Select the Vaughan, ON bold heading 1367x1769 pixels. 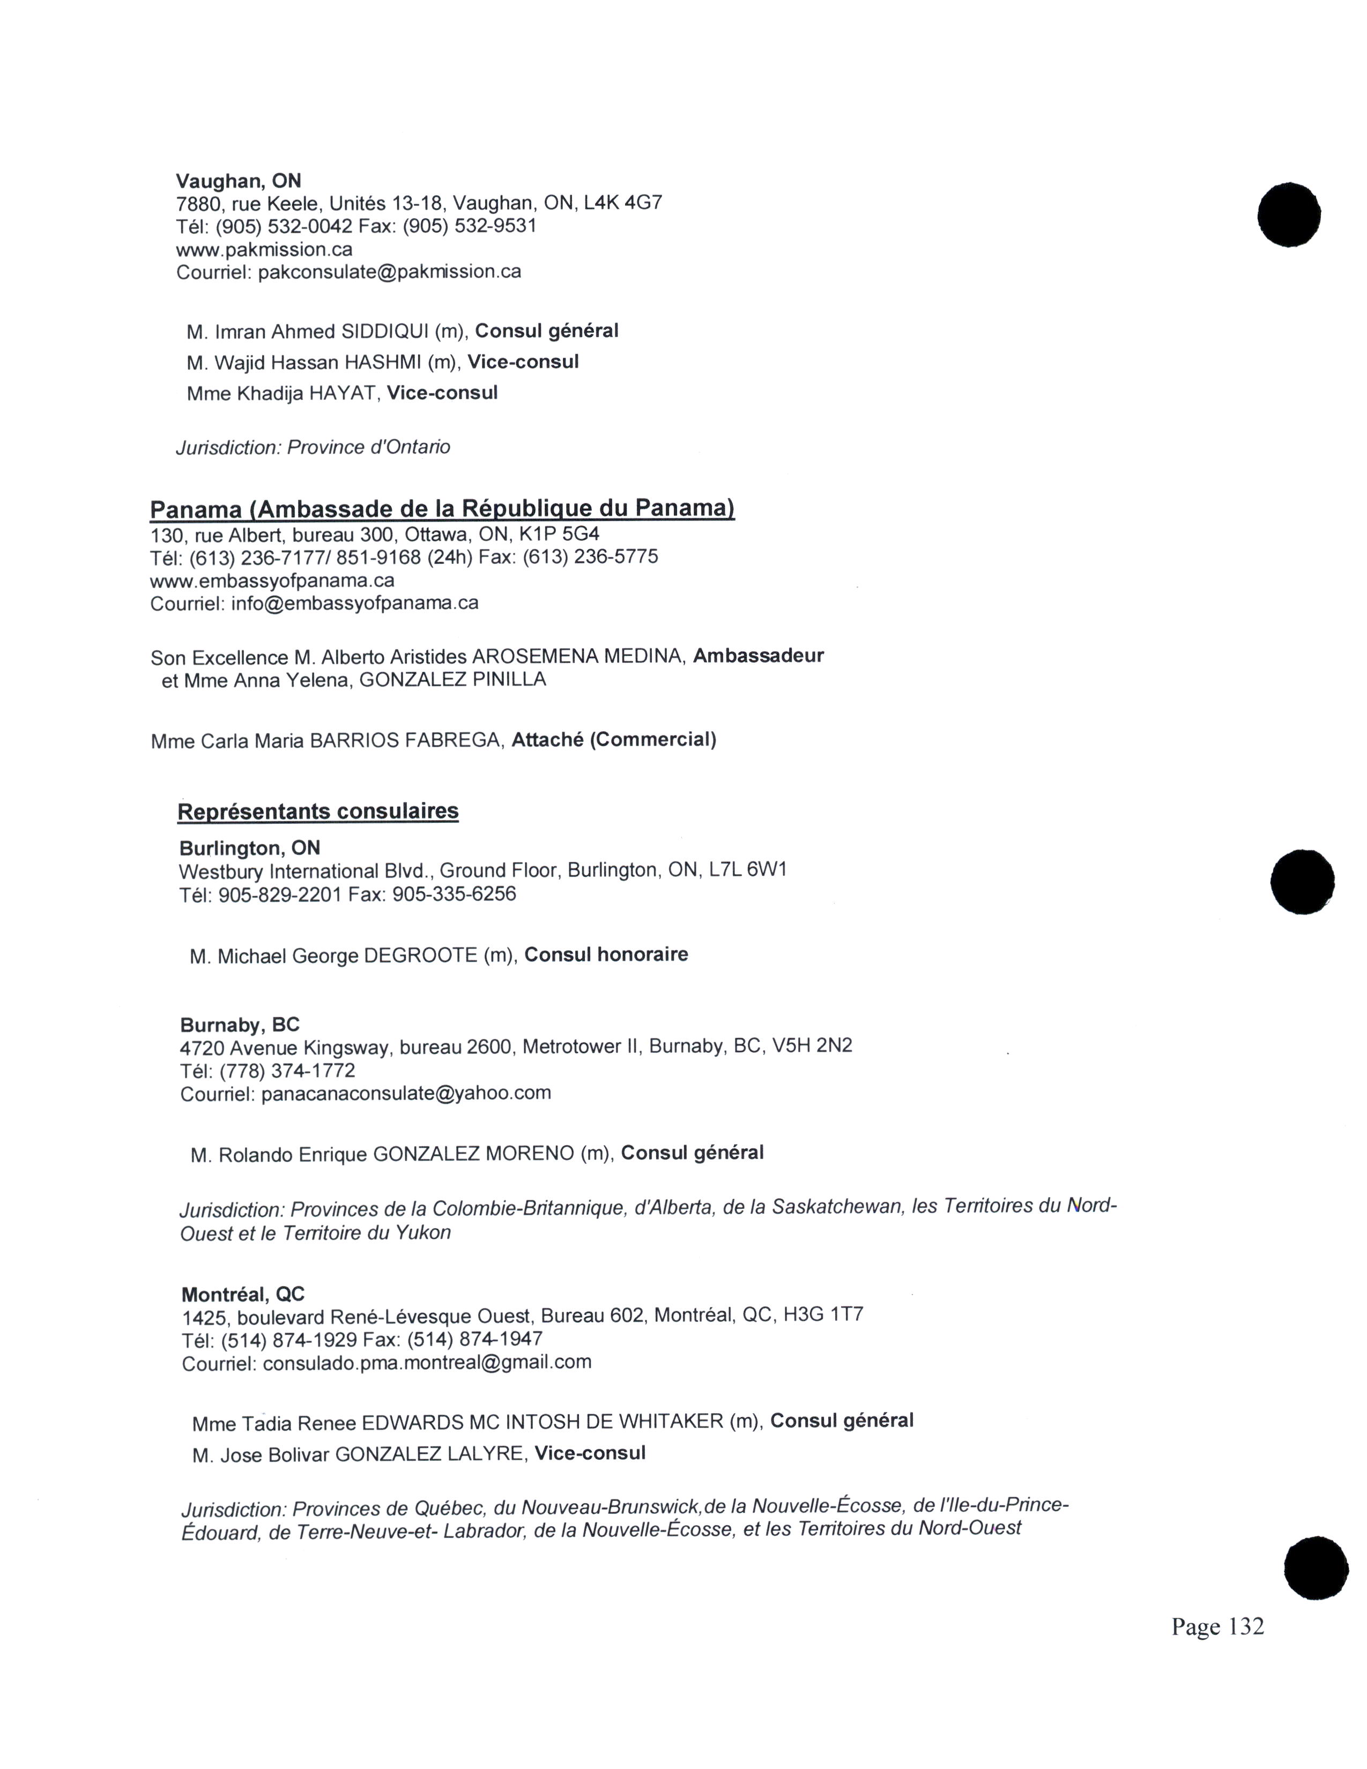point(238,181)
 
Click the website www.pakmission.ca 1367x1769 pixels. point(264,249)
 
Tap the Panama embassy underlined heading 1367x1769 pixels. point(442,509)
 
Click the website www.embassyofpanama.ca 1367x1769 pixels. point(272,581)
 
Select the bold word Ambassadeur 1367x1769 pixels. point(758,655)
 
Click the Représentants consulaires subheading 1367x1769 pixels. point(317,811)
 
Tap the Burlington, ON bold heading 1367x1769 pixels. point(249,848)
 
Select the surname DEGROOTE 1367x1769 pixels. point(420,956)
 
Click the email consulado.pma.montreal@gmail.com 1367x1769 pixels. point(427,1362)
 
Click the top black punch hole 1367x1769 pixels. point(1288,214)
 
